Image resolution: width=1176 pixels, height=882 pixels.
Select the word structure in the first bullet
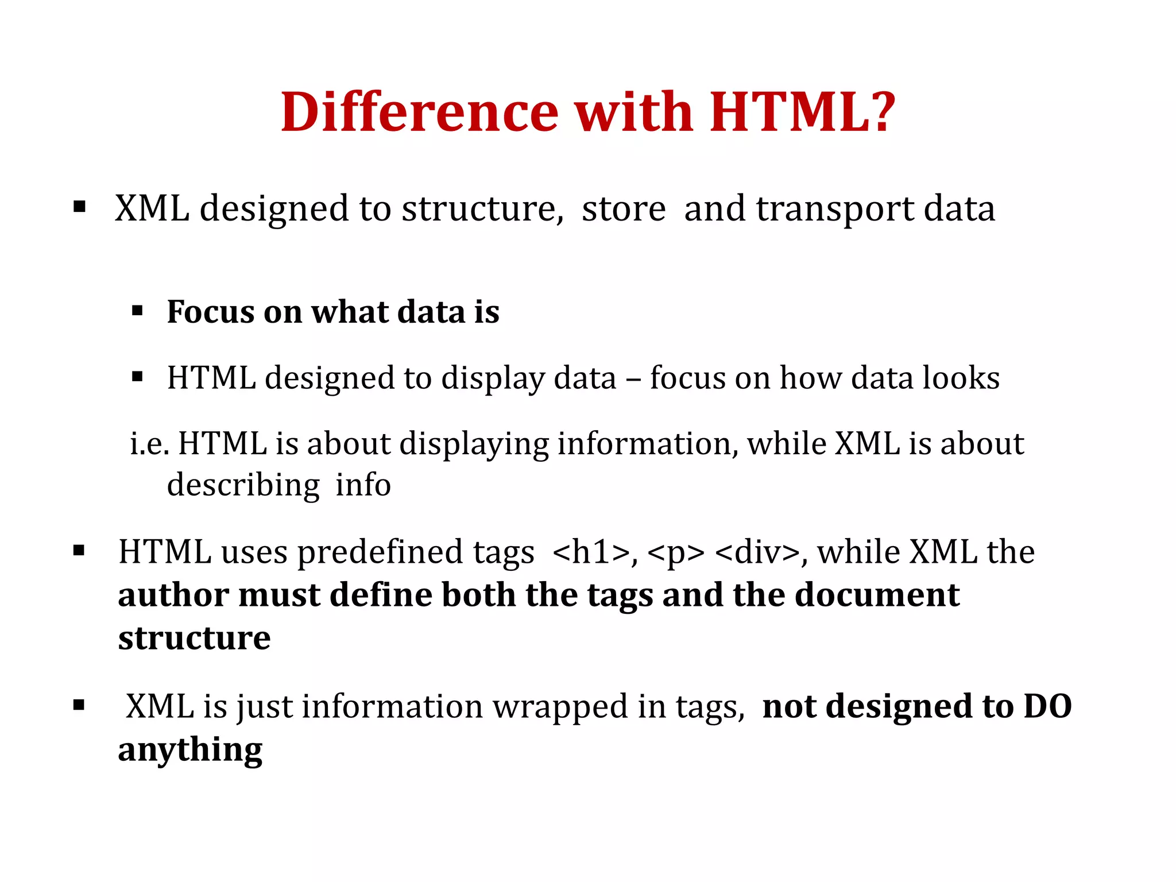482,208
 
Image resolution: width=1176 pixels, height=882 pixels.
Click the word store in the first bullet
624,208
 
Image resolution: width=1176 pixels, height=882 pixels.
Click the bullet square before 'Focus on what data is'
137,312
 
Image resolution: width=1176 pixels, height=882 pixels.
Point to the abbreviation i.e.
149,444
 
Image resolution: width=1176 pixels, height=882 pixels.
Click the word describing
243,486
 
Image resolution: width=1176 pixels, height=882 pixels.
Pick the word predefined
380,552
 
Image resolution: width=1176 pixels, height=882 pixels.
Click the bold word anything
190,750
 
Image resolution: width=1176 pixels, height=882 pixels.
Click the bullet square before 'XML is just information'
79,706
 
